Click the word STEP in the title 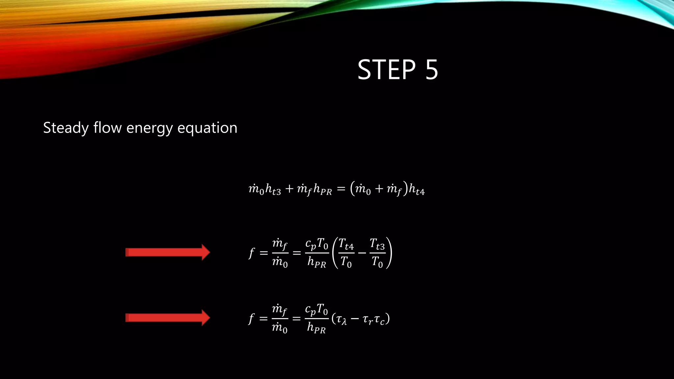[x=387, y=69]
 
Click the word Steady [x=66, y=128]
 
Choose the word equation [x=207, y=128]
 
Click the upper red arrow [x=168, y=252]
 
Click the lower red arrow [x=168, y=318]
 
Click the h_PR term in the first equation [x=323, y=190]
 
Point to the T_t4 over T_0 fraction [x=346, y=253]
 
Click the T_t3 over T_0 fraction [x=377, y=253]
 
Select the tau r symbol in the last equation [x=368, y=319]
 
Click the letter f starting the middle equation [x=251, y=253]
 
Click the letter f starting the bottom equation [x=251, y=318]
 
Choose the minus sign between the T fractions [x=362, y=253]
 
